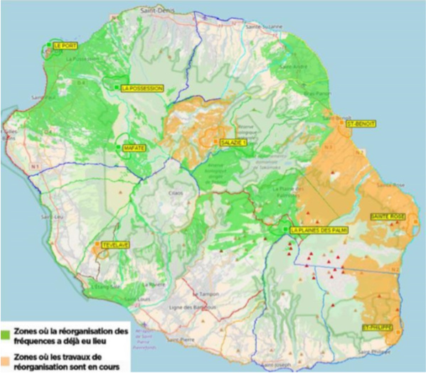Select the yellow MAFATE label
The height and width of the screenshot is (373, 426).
click(x=134, y=148)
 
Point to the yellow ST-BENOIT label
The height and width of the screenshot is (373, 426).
click(x=361, y=124)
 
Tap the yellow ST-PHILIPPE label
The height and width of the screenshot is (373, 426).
click(x=377, y=328)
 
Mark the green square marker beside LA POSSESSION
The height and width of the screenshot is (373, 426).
click(x=115, y=87)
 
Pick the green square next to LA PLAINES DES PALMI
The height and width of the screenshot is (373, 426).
click(x=284, y=229)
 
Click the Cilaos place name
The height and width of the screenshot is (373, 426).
click(x=176, y=191)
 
